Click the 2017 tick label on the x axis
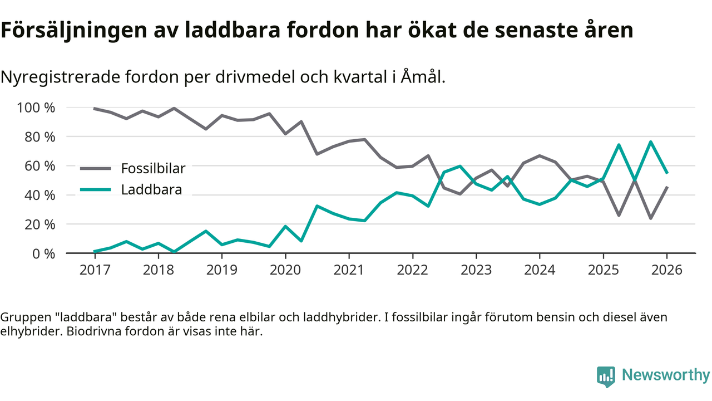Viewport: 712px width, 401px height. pos(95,271)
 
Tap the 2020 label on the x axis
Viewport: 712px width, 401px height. pos(285,271)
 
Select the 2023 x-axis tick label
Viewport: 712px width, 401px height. pos(476,271)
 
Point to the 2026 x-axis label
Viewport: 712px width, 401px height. pos(666,271)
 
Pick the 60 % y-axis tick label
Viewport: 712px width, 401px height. pos(41,166)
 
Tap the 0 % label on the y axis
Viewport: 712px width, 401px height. pos(44,253)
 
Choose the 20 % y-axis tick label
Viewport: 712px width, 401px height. pos(41,224)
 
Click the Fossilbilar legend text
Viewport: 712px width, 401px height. pos(153,168)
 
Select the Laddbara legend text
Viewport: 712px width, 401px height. pos(151,190)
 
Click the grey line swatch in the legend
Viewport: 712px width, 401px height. pos(96,168)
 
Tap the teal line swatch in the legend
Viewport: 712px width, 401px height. pos(96,190)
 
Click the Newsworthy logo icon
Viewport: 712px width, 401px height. pos(606,376)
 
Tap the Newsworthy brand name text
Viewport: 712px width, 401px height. pos(665,375)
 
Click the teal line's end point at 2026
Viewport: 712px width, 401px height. pos(666,173)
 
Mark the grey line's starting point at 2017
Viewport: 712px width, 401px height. pos(95,109)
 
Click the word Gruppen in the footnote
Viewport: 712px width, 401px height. pos(23,317)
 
